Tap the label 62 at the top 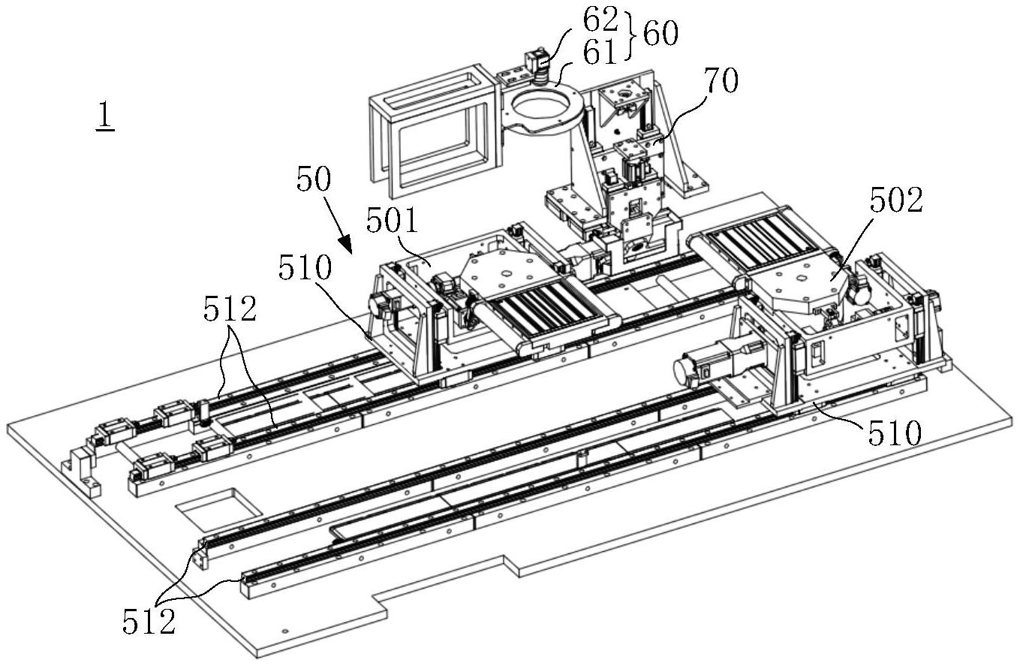[600, 19]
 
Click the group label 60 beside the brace [660, 35]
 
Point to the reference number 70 [721, 80]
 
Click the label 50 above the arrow [313, 179]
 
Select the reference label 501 [392, 221]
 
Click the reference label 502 [896, 200]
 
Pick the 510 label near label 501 [305, 267]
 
